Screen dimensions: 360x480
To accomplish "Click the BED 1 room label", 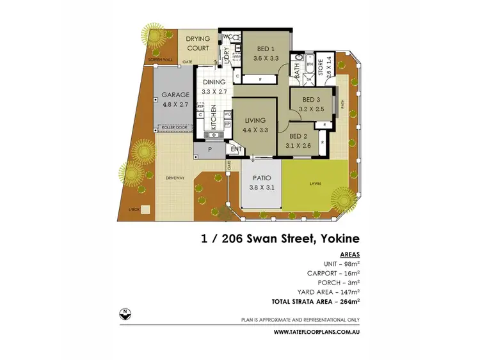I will coord(266,49).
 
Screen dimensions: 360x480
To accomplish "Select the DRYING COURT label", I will coord(198,43).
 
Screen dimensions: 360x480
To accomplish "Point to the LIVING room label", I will coord(255,120).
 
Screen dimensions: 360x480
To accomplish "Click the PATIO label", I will coord(262,178).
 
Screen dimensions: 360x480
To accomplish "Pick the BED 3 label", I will coord(311,100).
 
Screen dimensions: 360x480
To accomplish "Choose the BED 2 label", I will coord(299,136).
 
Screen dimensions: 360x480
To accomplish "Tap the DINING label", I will coord(214,82).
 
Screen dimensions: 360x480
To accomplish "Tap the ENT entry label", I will coord(236,151).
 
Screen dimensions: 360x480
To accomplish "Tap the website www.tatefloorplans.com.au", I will coord(316,332).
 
